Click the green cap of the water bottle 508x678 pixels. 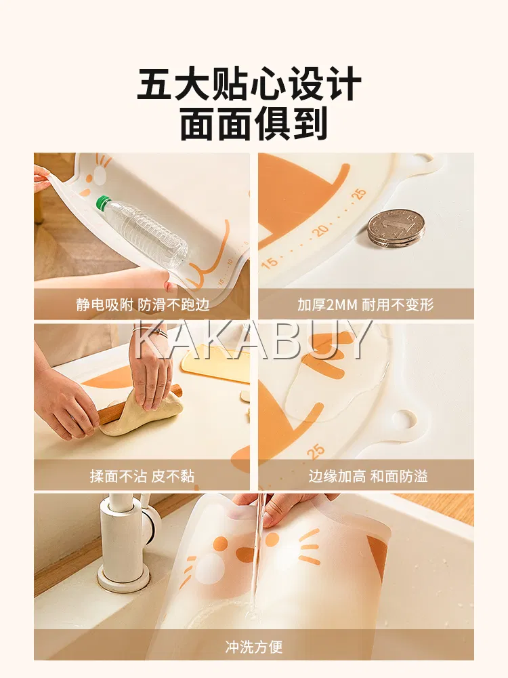click(102, 202)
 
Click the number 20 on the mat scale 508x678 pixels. click(321, 230)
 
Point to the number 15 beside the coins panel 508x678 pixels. click(269, 262)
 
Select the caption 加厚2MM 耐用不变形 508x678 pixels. click(366, 304)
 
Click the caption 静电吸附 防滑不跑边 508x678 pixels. click(142, 304)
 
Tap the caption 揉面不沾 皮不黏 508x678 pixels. click(142, 476)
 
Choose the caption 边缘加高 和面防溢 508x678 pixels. click(368, 476)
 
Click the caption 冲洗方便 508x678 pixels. click(253, 646)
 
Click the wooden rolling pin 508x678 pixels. click(138, 404)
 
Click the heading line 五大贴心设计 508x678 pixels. click(250, 83)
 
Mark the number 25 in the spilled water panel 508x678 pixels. click(316, 451)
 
